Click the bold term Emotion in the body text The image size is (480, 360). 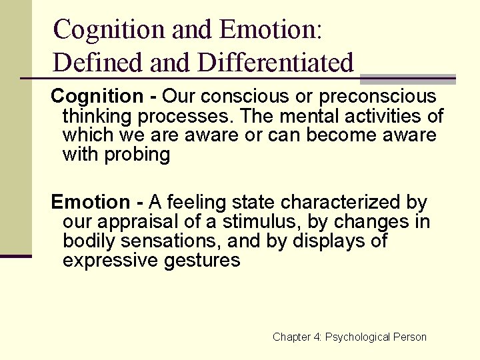pyautogui.click(x=91, y=202)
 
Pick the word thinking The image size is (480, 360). pyautogui.click(x=97, y=116)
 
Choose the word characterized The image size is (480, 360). pyautogui.click(x=347, y=202)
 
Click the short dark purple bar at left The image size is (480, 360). pyautogui.click(x=16, y=256)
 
